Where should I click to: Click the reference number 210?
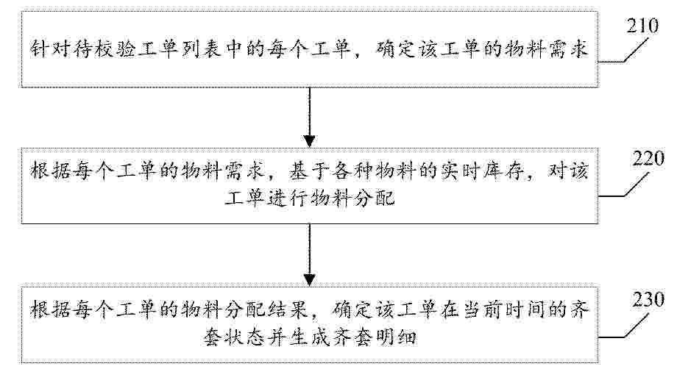click(643, 26)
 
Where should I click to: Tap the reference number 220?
click(648, 159)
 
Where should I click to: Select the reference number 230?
click(648, 299)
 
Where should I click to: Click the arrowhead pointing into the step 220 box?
click(310, 141)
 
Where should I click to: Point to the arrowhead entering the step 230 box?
click(310, 279)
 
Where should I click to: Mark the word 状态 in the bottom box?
click(244, 337)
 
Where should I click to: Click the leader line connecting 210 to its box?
click(623, 51)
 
